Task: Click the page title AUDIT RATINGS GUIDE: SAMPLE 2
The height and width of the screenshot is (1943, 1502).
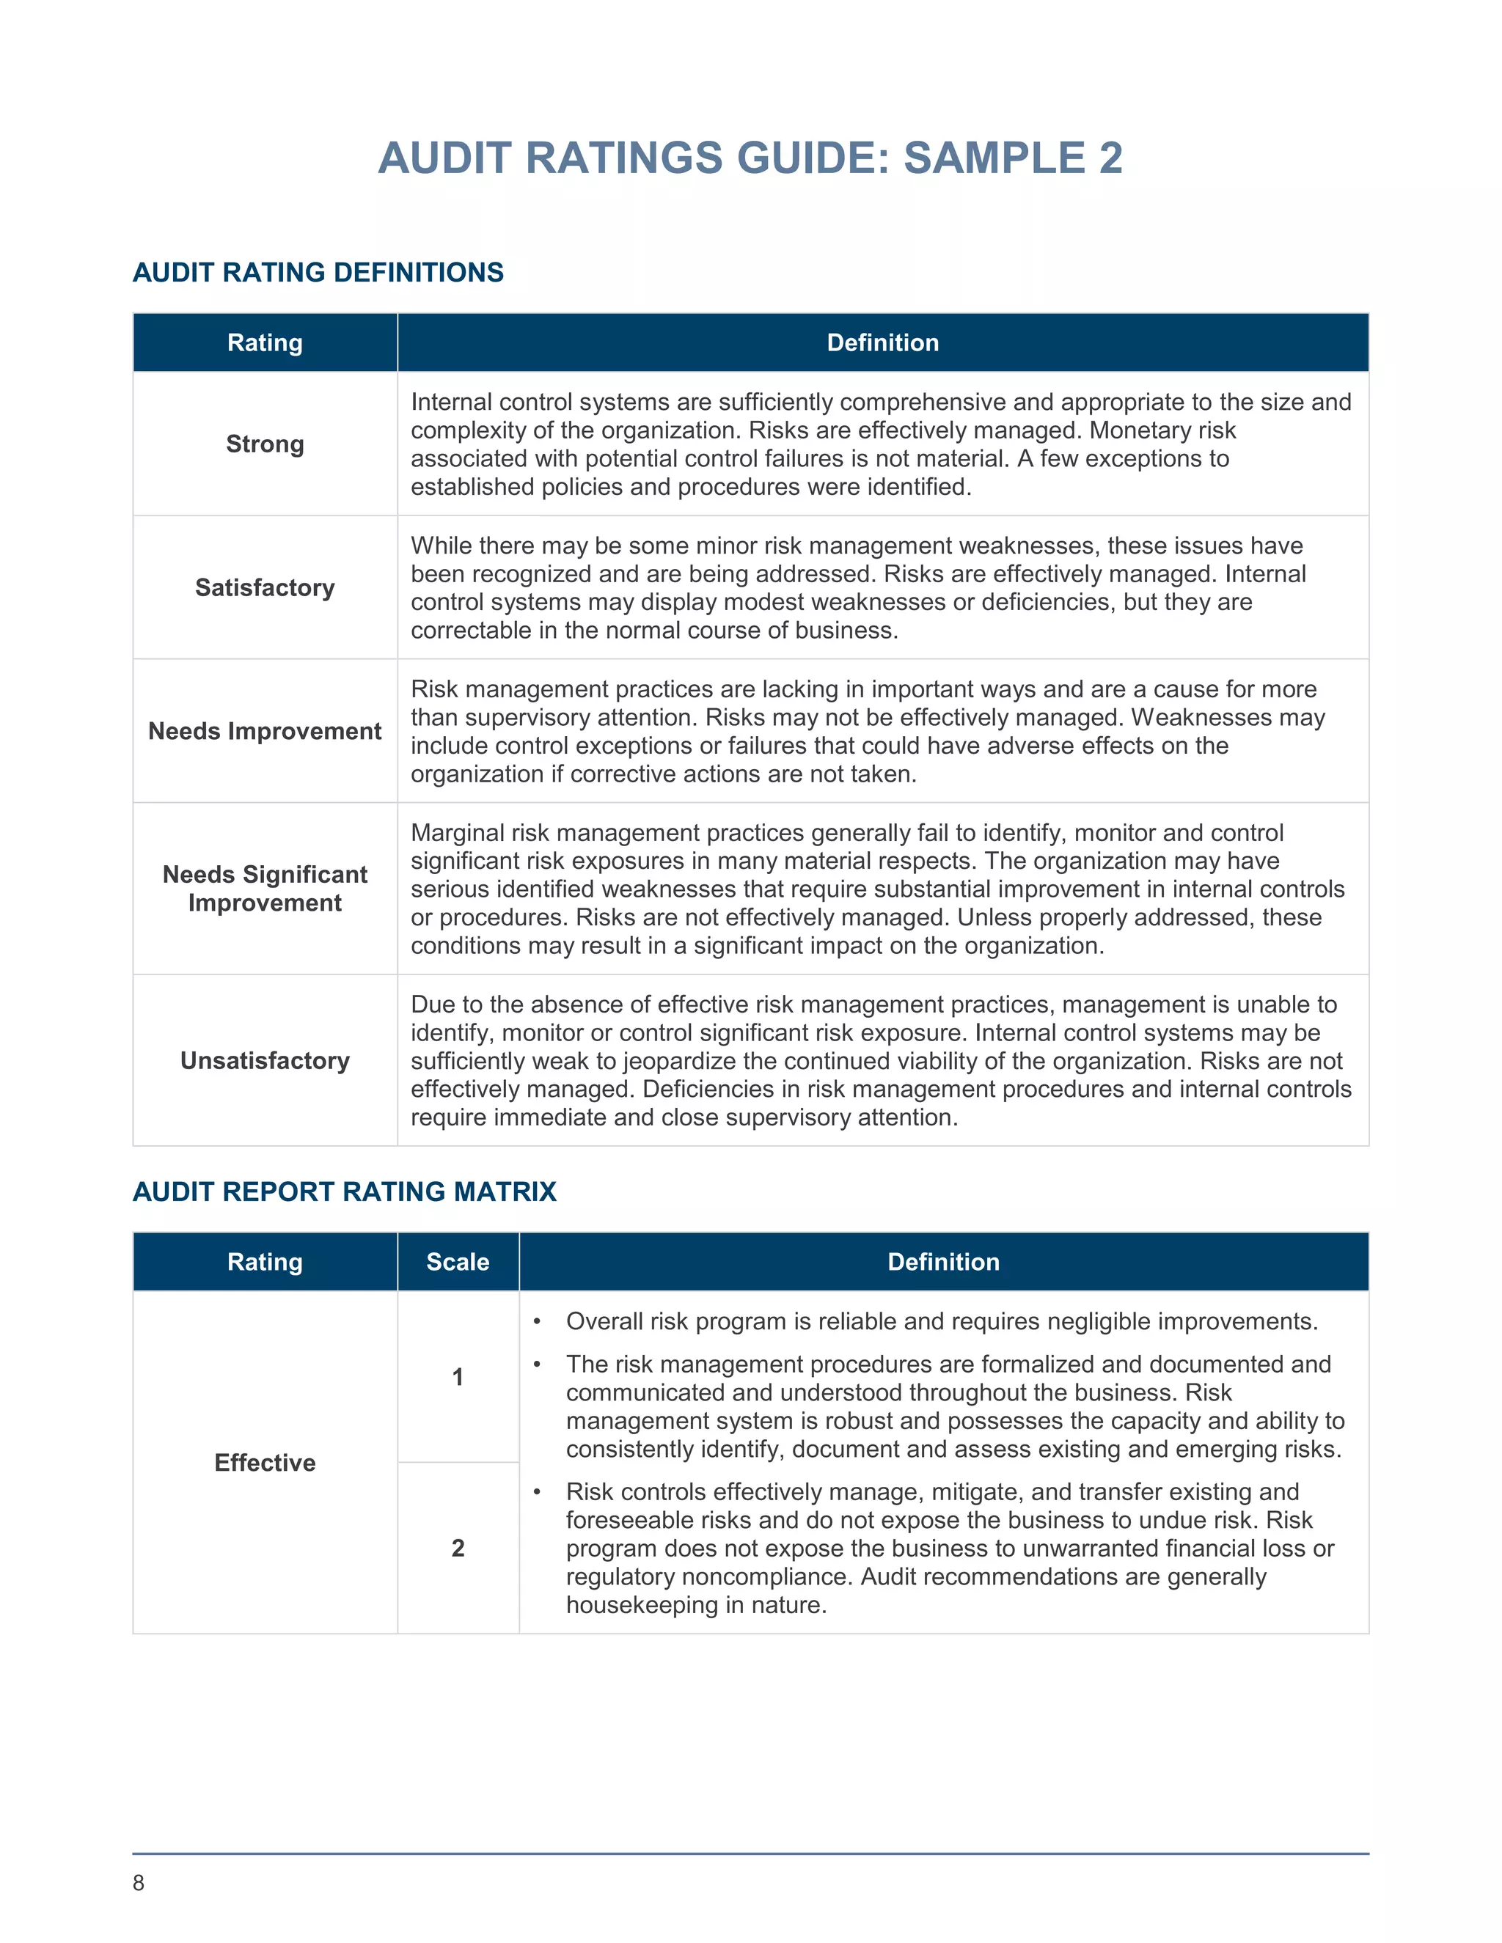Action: pyautogui.click(x=750, y=158)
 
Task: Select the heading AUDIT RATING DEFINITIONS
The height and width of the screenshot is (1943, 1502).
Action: pyautogui.click(x=318, y=272)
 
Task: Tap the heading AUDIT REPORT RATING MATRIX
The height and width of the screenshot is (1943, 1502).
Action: pyautogui.click(x=345, y=1191)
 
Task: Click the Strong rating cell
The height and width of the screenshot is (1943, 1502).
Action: pyautogui.click(x=264, y=444)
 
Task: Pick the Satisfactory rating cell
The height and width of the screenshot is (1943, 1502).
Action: pyautogui.click(x=264, y=588)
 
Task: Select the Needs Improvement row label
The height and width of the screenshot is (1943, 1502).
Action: pyautogui.click(x=264, y=731)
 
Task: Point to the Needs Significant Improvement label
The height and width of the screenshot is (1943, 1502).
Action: pyautogui.click(x=264, y=889)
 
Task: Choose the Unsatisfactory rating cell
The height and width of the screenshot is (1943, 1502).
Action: pyautogui.click(x=264, y=1060)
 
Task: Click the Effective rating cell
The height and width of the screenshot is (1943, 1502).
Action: pyautogui.click(x=264, y=1463)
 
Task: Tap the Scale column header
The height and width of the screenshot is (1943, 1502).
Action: pyautogui.click(x=458, y=1262)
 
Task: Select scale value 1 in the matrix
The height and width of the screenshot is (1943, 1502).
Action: pyautogui.click(x=458, y=1377)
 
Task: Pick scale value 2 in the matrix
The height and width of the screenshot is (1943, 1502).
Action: pyautogui.click(x=458, y=1548)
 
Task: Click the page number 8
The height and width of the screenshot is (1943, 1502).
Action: pyautogui.click(x=138, y=1882)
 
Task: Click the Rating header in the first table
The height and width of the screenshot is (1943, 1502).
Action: pyautogui.click(x=264, y=342)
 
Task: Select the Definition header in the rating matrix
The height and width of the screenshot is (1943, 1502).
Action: pyautogui.click(x=943, y=1262)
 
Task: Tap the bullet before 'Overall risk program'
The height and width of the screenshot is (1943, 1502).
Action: pyautogui.click(x=537, y=1322)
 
